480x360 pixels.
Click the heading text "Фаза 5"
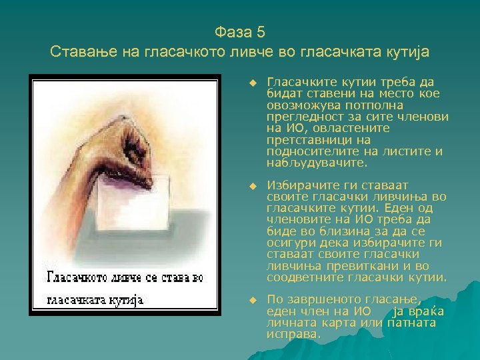[240, 31]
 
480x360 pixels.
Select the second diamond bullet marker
[253, 185]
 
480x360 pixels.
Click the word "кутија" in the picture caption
[127, 299]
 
